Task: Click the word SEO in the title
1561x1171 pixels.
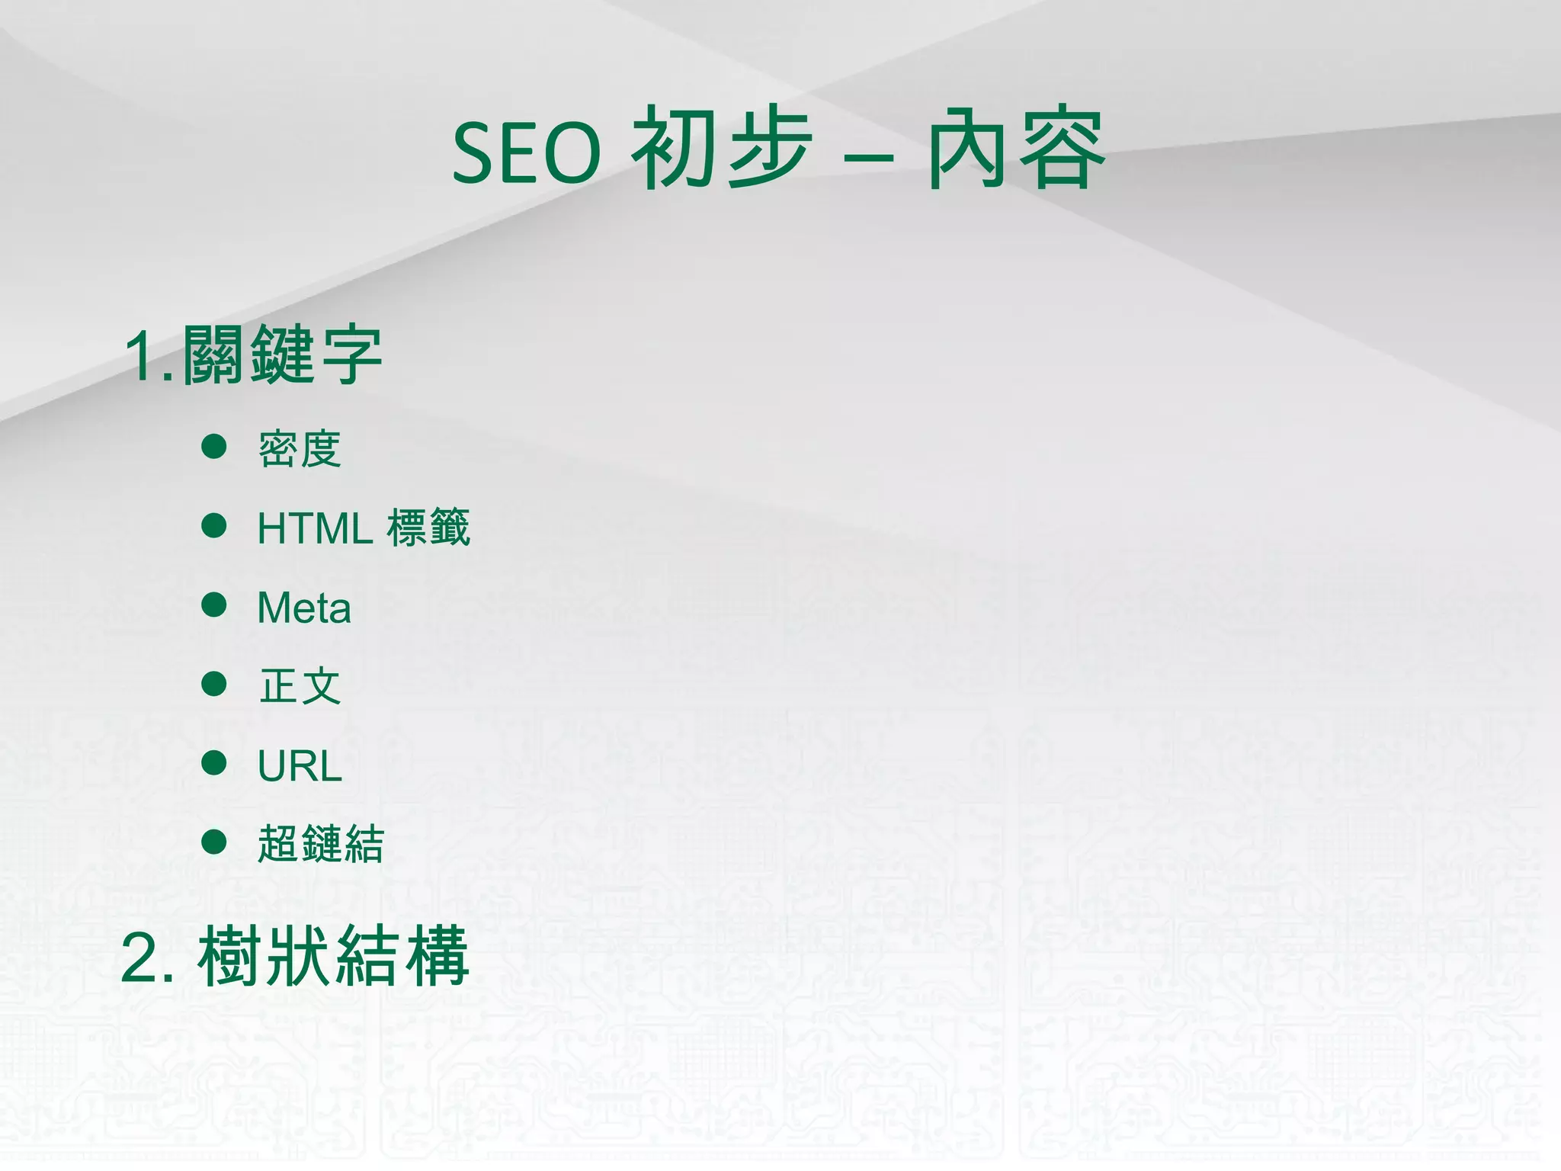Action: tap(527, 153)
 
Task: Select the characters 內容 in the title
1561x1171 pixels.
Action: tap(1016, 149)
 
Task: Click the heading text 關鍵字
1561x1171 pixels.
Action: tap(282, 355)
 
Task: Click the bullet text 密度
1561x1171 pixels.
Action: tap(300, 449)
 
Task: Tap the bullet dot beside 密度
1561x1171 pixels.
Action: tap(214, 446)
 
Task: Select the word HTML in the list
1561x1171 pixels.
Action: tap(315, 528)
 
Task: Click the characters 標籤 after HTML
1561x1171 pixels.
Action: tap(428, 527)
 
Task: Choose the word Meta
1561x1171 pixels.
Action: tap(304, 608)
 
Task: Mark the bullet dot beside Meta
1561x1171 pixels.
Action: tap(214, 605)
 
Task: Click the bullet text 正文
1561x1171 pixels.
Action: tap(300, 686)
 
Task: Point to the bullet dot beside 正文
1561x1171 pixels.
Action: tap(214, 684)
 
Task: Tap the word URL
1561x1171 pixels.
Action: tap(300, 766)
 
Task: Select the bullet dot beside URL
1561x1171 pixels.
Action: tap(214, 762)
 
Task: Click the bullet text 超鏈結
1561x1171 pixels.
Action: tap(321, 844)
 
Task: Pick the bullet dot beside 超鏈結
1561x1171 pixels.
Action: tap(214, 841)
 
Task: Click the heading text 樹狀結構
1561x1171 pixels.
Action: tap(333, 956)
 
